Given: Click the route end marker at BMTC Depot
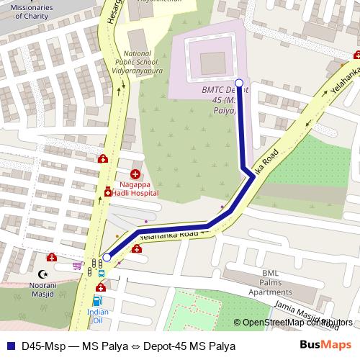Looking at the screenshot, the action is pyautogui.click(x=239, y=82).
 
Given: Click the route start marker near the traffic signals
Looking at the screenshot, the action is pyautogui.click(x=107, y=257).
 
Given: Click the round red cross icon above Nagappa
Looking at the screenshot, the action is pyautogui.click(x=135, y=174).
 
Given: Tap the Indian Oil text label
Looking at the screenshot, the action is pyautogui.click(x=98, y=316).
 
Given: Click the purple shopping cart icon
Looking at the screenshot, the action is pyautogui.click(x=77, y=265).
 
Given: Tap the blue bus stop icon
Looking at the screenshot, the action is pyautogui.click(x=101, y=274).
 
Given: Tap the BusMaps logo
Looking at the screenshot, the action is pyautogui.click(x=326, y=345).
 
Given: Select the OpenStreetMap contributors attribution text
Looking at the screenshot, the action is pyautogui.click(x=297, y=323).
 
